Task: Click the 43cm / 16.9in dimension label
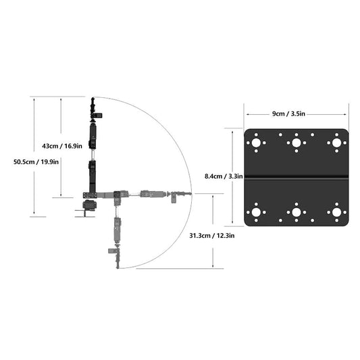61,145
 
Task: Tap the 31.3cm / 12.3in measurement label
211,236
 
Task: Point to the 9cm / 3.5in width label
297,114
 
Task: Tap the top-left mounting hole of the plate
256,143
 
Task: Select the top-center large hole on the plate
296,143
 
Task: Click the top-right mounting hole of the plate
336,143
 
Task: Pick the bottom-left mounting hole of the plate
256,213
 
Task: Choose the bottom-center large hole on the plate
296,213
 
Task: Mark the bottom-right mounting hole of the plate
336,213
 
